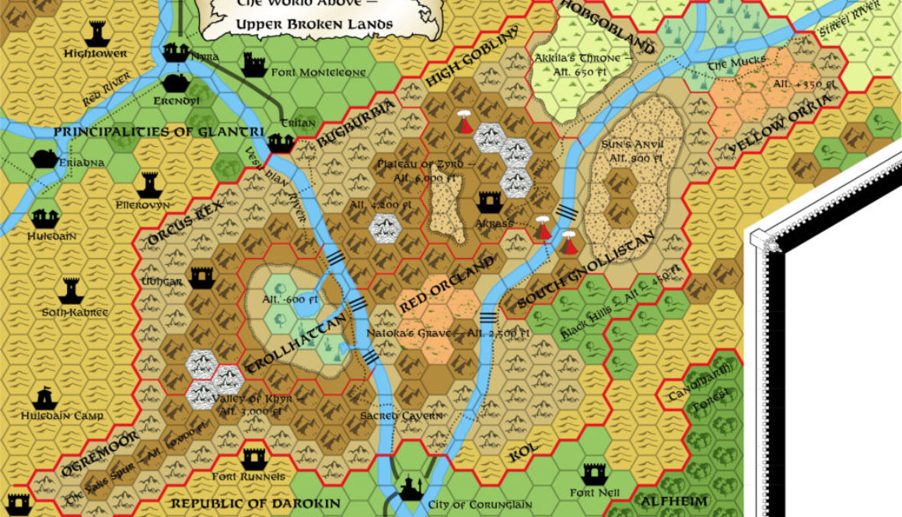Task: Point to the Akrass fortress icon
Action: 488,203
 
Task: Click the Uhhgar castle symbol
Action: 201,277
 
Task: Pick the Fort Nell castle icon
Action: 595,473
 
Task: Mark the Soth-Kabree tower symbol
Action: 72,290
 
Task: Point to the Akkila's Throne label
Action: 577,58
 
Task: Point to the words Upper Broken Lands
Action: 315,24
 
